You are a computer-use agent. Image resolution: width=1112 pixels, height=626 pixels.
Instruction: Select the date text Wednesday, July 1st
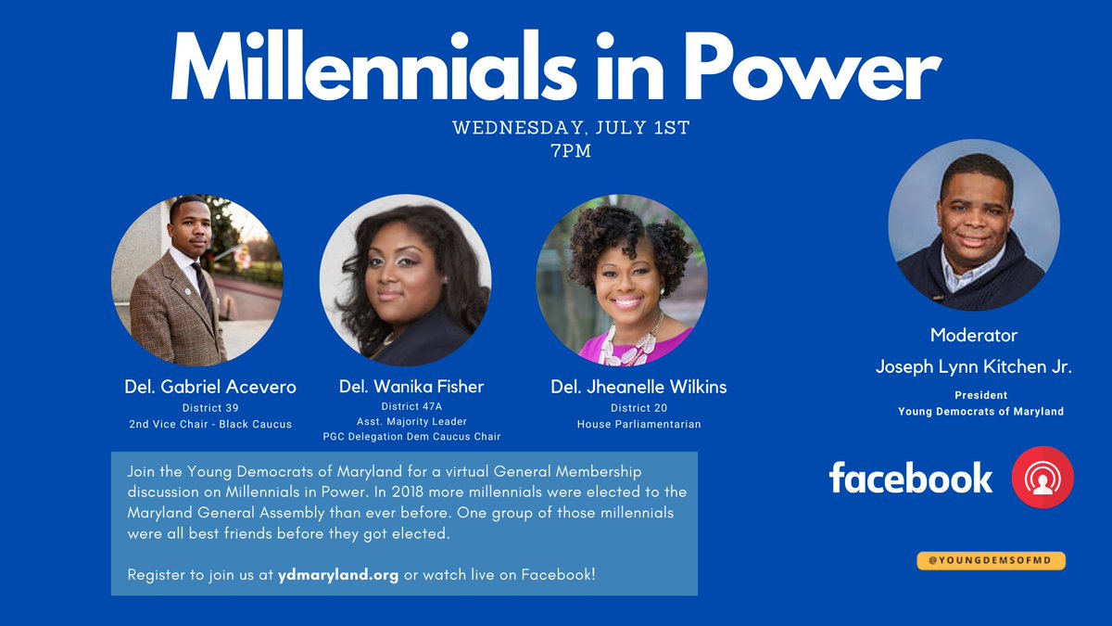pos(571,128)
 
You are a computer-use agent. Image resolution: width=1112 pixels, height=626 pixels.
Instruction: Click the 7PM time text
pos(571,150)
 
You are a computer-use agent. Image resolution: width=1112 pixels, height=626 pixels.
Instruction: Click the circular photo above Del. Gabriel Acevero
pos(196,280)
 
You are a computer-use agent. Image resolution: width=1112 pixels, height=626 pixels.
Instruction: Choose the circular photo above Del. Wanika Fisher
pos(405,280)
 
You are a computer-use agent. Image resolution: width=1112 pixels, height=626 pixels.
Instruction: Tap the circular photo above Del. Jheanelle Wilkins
pos(621,280)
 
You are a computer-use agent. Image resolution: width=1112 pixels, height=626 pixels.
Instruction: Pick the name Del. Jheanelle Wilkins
pos(638,387)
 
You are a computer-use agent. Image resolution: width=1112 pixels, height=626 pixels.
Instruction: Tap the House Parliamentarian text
pos(638,424)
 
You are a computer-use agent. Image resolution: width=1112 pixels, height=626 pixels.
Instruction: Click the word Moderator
pos(974,335)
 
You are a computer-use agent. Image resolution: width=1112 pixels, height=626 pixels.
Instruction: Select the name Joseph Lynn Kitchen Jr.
pos(974,367)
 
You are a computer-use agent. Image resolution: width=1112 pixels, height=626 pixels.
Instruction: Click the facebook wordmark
pos(910,479)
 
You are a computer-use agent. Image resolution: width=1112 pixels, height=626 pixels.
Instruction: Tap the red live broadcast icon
pos(1042,479)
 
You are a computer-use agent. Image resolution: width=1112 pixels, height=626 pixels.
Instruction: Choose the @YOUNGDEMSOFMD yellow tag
pos(991,560)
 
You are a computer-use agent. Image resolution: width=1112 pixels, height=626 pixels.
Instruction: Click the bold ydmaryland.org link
pos(338,575)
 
